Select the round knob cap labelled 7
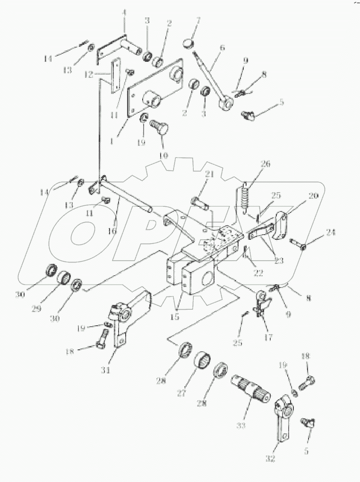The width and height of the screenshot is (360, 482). click(x=189, y=43)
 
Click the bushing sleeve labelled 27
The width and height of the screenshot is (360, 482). click(x=205, y=365)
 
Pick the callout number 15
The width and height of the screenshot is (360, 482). click(x=175, y=316)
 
